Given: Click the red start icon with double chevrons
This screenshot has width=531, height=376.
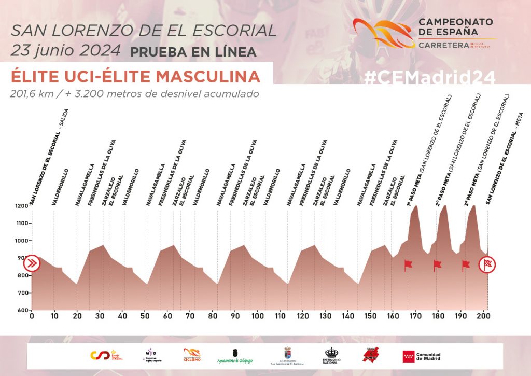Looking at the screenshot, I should [x=32, y=263].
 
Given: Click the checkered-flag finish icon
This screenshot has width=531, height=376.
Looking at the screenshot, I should [x=487, y=264].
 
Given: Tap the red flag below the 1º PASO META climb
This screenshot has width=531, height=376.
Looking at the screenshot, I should [x=408, y=265].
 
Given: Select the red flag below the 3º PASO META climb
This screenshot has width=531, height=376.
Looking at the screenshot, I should [x=465, y=265].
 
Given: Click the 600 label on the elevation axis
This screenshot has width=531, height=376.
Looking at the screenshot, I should [x=23, y=310].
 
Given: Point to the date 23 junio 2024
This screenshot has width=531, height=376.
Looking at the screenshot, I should [x=65, y=51].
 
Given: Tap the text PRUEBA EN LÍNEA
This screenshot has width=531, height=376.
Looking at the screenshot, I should [x=193, y=52].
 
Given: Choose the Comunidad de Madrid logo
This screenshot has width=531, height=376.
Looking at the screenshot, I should [x=422, y=356].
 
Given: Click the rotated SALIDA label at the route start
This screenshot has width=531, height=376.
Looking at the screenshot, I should [x=65, y=119].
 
